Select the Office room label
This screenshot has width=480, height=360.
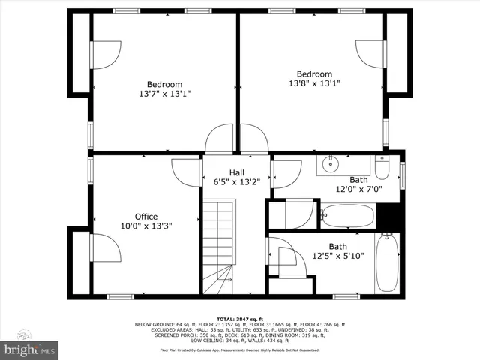[145, 217]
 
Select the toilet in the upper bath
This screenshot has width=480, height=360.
[381, 167]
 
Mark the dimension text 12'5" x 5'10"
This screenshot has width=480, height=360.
[338, 256]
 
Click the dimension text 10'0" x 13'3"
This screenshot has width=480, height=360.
[145, 226]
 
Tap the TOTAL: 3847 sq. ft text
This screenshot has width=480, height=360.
[240, 318]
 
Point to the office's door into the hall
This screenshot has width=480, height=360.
[186, 172]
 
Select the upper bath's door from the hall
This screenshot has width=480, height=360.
[286, 173]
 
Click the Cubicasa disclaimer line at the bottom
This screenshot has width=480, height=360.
[240, 350]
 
